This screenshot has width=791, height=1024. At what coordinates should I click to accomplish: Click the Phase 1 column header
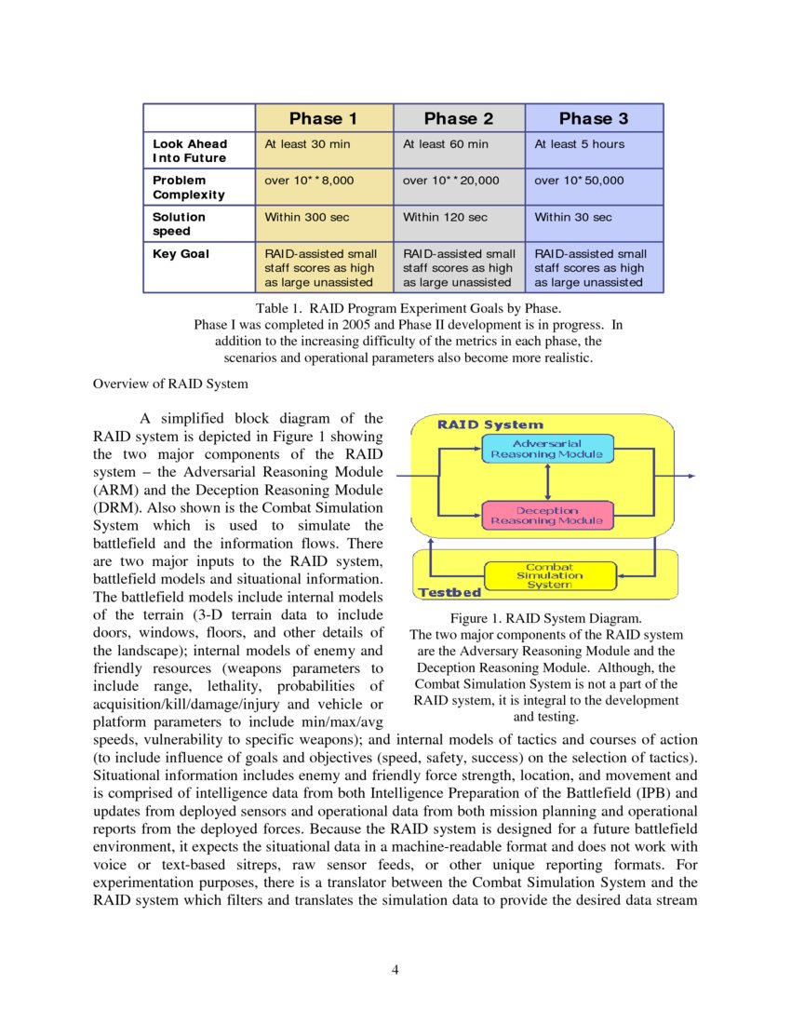(x=323, y=118)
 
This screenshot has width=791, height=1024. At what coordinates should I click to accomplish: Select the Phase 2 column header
(x=459, y=118)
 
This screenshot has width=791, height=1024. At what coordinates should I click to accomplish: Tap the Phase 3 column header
(x=594, y=118)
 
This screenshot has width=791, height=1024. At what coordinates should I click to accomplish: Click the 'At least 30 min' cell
(x=308, y=144)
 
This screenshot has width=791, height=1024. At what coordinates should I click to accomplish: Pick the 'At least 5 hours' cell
(x=580, y=144)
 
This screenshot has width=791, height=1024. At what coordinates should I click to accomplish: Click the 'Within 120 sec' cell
(x=445, y=217)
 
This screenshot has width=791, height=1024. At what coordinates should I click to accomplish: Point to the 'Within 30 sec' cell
(x=573, y=217)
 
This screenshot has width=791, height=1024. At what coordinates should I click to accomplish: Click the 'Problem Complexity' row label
(x=189, y=187)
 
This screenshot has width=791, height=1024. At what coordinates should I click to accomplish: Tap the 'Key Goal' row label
(x=181, y=253)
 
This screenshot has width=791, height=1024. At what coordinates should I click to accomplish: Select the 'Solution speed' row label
(x=180, y=223)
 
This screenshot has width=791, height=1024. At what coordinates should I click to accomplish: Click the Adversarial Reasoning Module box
(x=547, y=449)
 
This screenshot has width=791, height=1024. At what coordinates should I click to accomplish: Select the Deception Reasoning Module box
(x=547, y=516)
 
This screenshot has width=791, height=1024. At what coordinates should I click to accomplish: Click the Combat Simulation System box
(x=549, y=575)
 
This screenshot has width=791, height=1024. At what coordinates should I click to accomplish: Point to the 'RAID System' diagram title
(x=490, y=424)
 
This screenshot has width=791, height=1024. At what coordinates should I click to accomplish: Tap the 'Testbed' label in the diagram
(x=449, y=592)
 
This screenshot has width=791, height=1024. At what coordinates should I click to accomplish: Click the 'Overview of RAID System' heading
(x=170, y=384)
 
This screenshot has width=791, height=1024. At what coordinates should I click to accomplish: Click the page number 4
(x=395, y=971)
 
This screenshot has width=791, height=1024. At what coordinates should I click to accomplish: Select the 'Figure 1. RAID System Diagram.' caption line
(x=545, y=618)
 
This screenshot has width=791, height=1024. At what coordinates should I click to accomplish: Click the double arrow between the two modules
(x=548, y=482)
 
